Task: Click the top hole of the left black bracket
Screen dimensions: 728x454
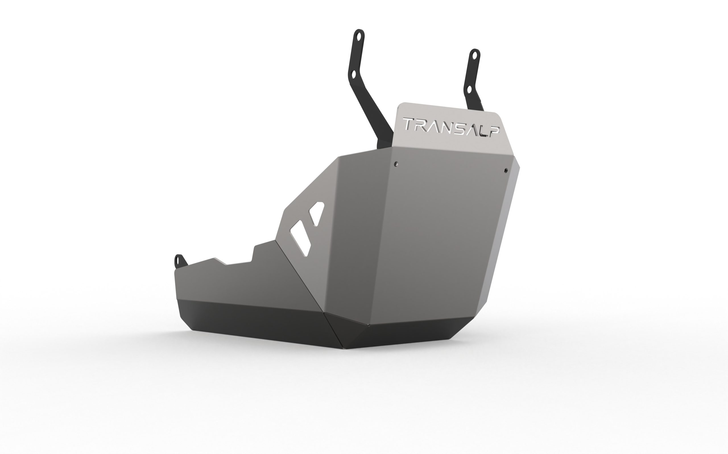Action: pyautogui.click(x=358, y=36)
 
